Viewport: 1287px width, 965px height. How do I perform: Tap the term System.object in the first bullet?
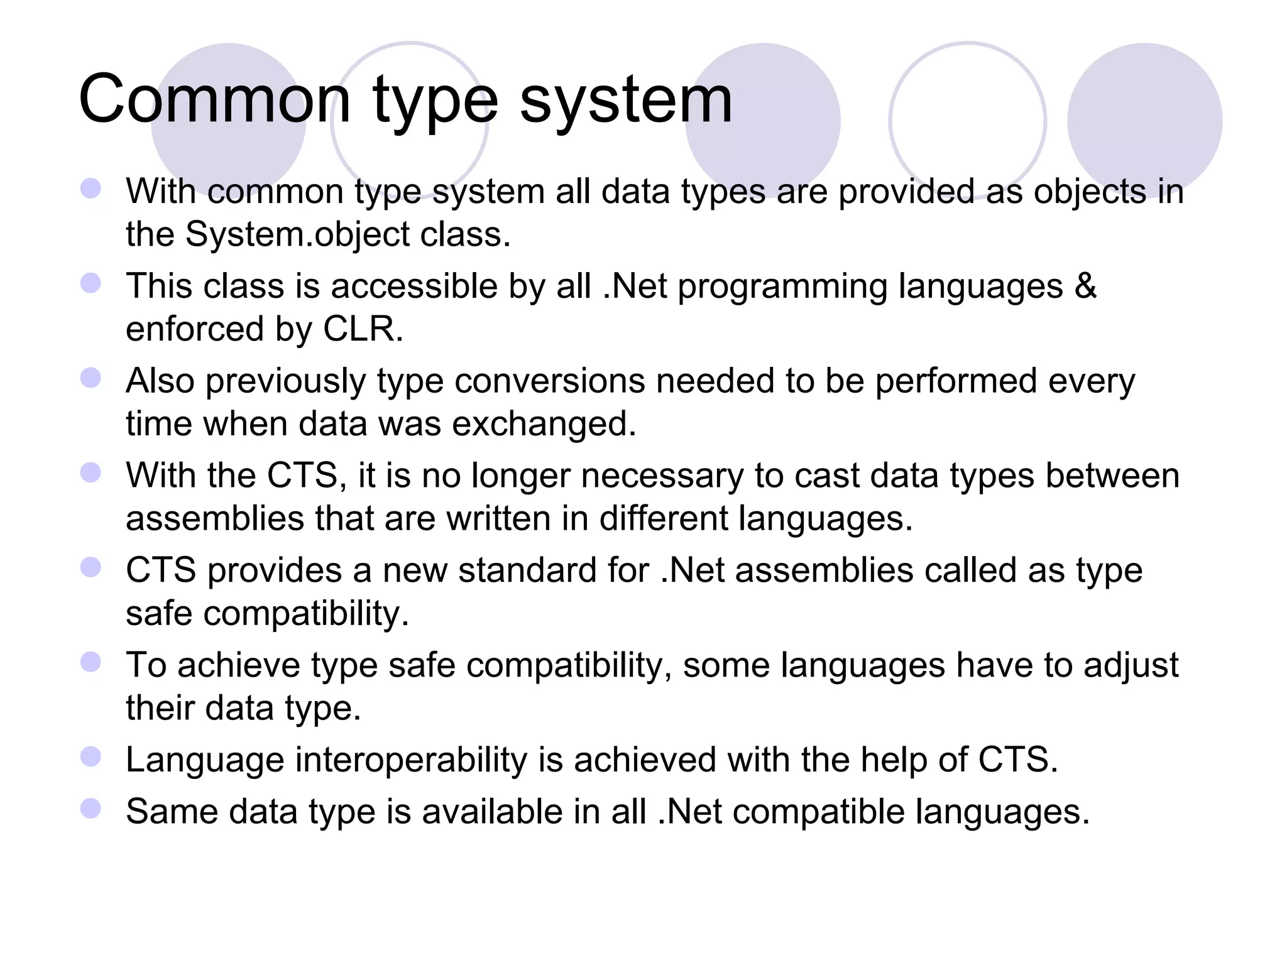click(297, 235)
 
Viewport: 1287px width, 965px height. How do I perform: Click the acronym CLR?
click(362, 329)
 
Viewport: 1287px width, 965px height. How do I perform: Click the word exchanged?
click(544, 424)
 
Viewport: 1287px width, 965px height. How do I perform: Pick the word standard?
click(552, 571)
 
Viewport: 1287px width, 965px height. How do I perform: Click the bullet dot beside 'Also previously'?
click(91, 378)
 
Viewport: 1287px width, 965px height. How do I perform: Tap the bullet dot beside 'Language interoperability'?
click(91, 757)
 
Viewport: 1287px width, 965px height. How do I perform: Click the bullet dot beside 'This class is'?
click(91, 283)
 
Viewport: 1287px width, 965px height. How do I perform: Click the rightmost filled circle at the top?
click(1144, 120)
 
